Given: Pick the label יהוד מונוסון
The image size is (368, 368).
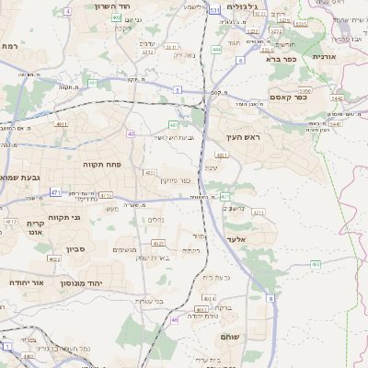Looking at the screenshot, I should (x=94, y=283).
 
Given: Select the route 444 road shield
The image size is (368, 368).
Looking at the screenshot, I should (x=216, y=50).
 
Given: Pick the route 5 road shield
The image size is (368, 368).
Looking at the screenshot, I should (x=176, y=89).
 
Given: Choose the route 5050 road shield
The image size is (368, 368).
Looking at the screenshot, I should (x=306, y=92).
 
